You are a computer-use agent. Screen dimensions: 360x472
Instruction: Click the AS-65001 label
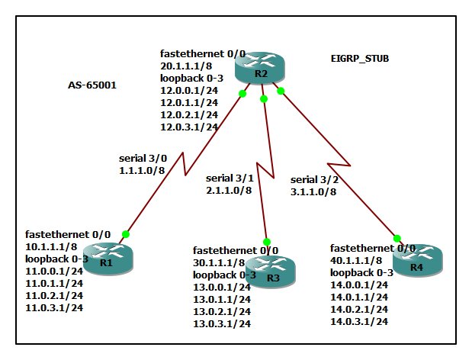pos(92,85)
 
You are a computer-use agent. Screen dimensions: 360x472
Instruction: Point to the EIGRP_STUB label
pos(355,57)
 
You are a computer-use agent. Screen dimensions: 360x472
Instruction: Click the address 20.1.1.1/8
pos(185,66)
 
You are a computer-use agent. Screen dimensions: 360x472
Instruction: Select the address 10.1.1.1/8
pos(51,247)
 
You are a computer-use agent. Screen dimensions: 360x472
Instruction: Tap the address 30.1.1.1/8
pos(219,262)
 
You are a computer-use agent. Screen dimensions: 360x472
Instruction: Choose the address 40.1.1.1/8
pos(356,260)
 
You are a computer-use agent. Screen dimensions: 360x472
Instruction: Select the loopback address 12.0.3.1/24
pos(189,127)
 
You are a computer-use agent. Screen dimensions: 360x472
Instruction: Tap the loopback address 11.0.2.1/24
pos(54,296)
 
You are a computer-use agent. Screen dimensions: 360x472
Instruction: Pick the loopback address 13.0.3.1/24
pos(222,323)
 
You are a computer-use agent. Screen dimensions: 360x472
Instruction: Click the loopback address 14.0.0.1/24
pos(359,284)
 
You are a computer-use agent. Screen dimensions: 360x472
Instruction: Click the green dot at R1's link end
pos(126,234)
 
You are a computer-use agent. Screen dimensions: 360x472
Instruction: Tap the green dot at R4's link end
pos(397,237)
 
